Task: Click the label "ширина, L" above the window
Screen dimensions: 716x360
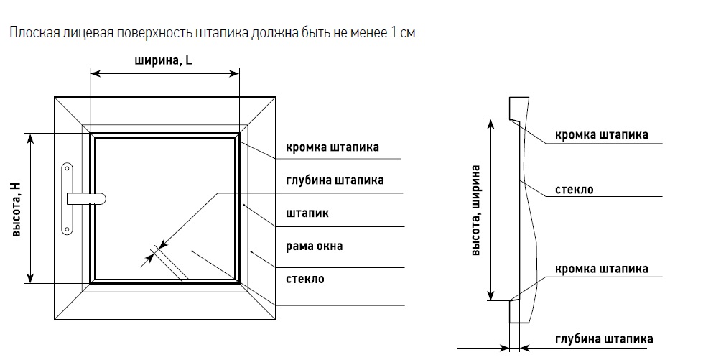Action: (x=163, y=60)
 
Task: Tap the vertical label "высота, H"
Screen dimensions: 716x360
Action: (x=16, y=209)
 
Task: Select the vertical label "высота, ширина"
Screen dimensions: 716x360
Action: (x=475, y=210)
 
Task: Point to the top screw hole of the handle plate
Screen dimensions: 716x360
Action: (x=68, y=169)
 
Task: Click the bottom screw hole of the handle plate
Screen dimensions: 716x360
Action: (x=68, y=229)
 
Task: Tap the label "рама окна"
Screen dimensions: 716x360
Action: (x=314, y=246)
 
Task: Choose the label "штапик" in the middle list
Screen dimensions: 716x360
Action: (x=307, y=213)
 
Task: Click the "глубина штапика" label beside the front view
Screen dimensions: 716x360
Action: (x=335, y=180)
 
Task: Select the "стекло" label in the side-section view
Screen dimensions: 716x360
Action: (x=574, y=190)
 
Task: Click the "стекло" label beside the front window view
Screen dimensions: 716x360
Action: (x=305, y=279)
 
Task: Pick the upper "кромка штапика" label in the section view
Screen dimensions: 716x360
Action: (x=601, y=135)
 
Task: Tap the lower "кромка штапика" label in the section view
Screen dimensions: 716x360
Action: (x=601, y=269)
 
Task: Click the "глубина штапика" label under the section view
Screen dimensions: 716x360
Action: (x=604, y=339)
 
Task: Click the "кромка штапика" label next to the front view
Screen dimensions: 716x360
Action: (x=332, y=147)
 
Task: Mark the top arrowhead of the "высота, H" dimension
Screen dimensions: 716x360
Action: (x=31, y=139)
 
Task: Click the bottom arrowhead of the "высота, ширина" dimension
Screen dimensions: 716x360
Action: (x=491, y=295)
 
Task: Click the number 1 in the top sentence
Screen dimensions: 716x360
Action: (x=394, y=34)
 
